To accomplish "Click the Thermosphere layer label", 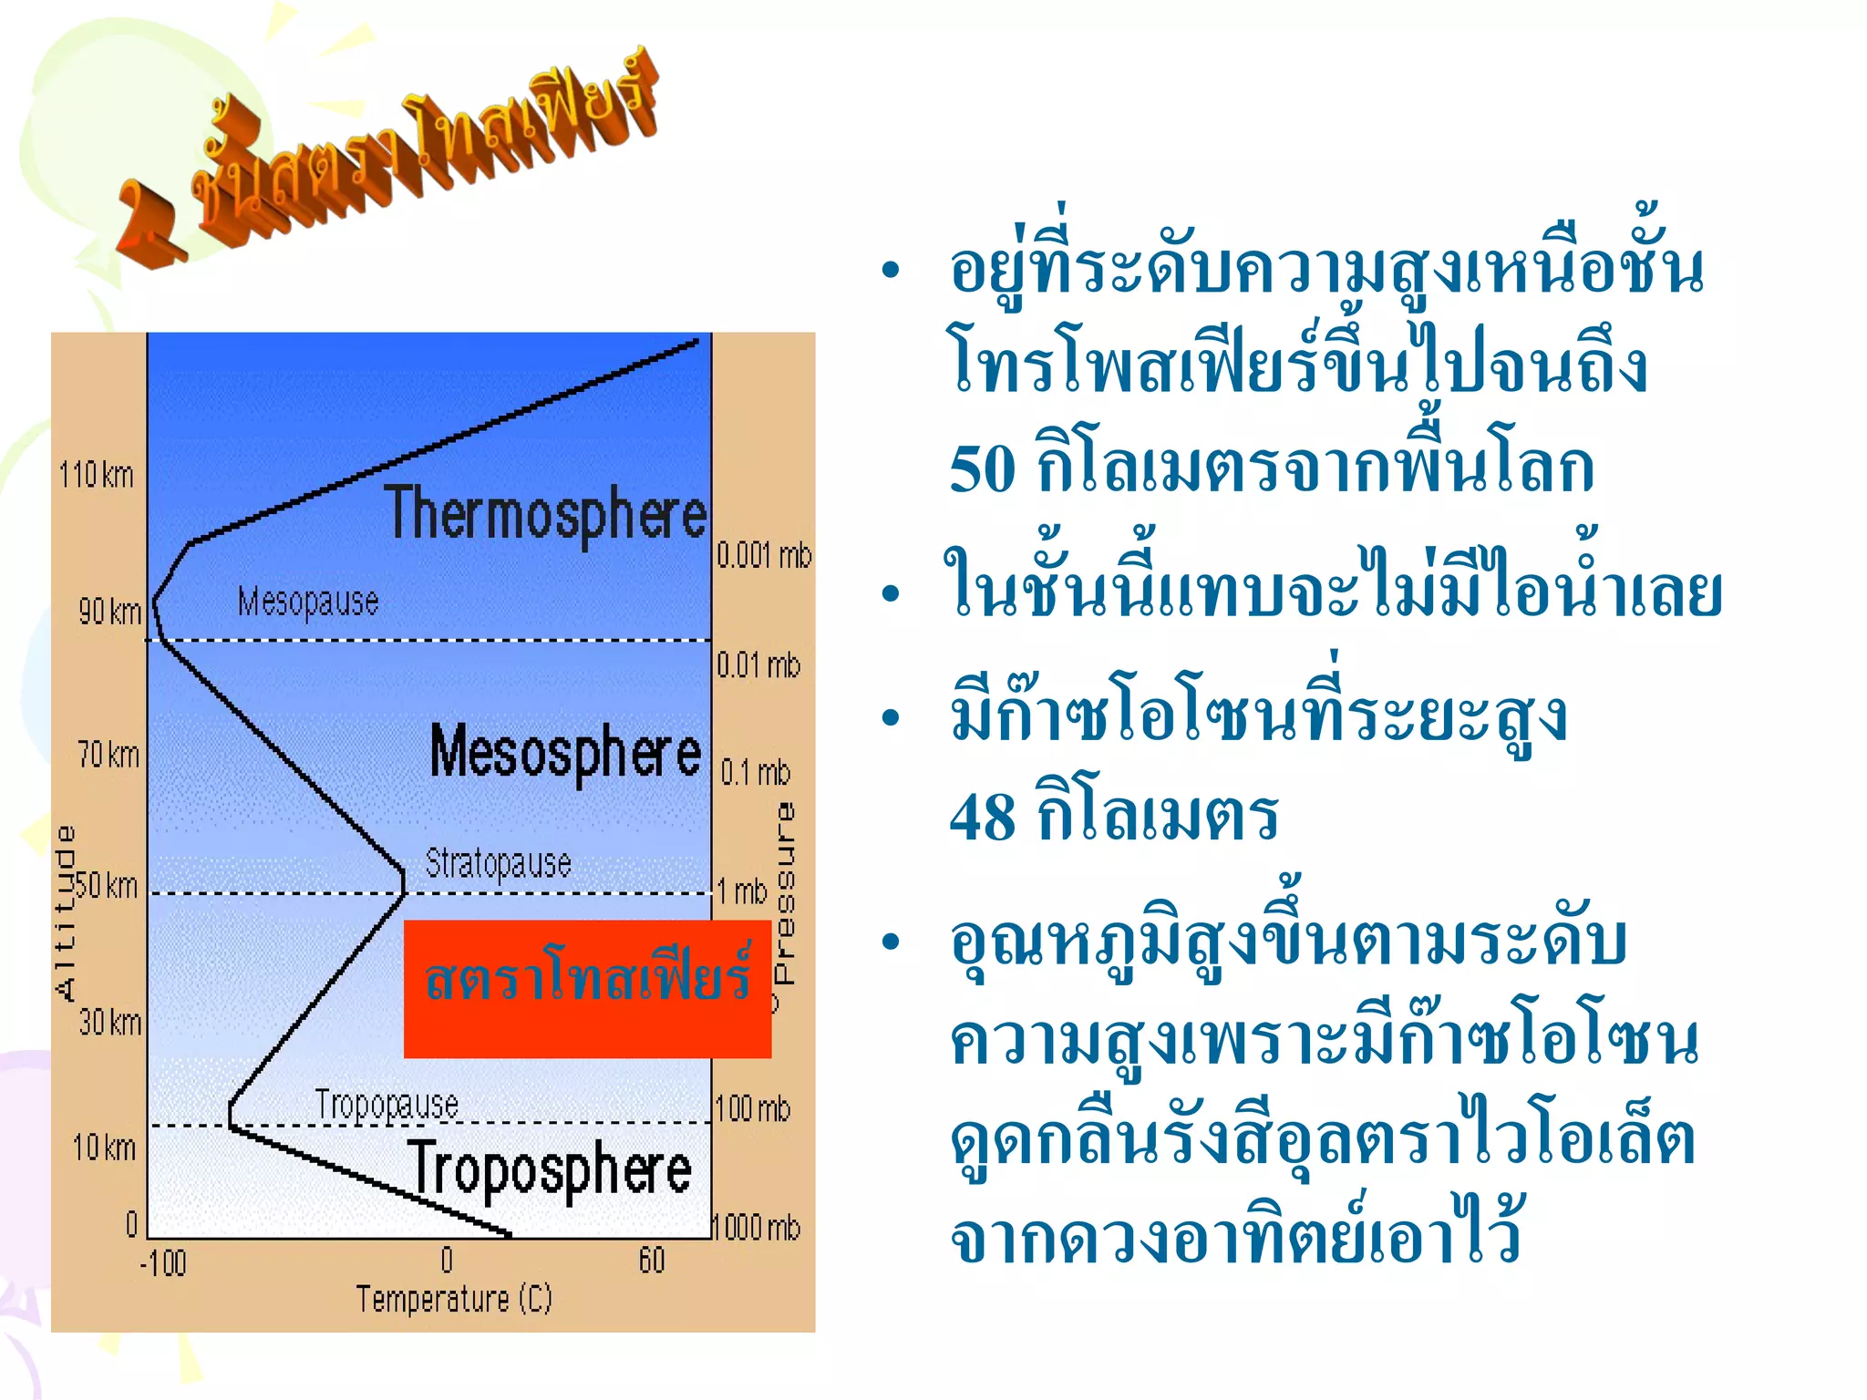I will tap(545, 514).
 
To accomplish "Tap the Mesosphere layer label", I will tap(565, 753).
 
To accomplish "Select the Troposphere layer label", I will tap(550, 1169).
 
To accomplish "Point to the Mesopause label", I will tap(308, 602).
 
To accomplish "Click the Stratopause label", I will tap(498, 862).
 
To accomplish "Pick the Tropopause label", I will tap(387, 1106).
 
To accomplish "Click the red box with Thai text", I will tap(587, 988).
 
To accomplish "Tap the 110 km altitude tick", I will tap(96, 475).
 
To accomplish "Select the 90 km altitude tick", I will tap(109, 612).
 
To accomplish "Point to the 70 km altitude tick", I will tap(108, 755).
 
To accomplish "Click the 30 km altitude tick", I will tap(109, 1023).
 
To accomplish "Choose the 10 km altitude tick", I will tap(104, 1148).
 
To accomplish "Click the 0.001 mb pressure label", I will tap(763, 555).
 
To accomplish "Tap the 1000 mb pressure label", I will tap(757, 1227).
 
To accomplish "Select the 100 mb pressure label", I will tap(753, 1109).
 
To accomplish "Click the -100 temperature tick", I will tap(163, 1263).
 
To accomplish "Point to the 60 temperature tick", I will tap(652, 1261).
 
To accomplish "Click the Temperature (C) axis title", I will tap(454, 1299).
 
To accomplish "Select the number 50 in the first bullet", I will tap(982, 469).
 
